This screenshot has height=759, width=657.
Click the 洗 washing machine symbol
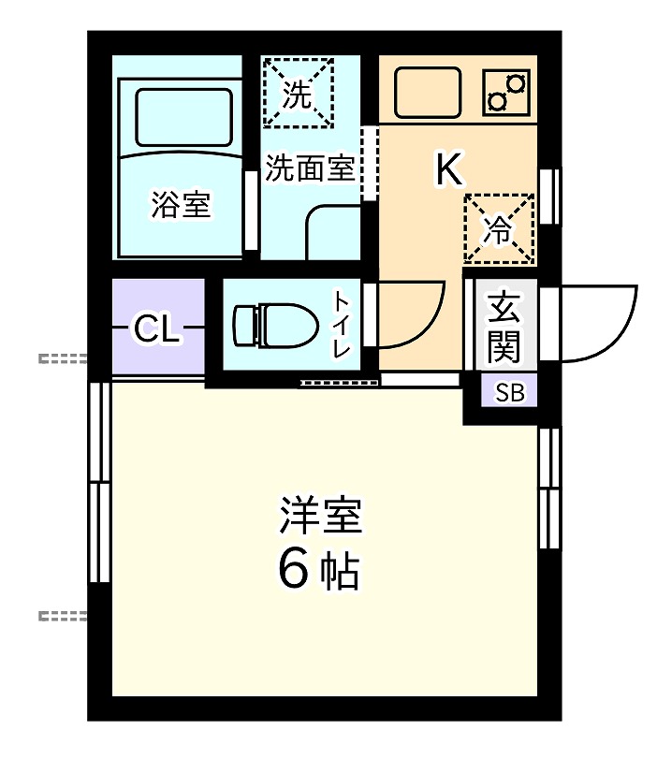tap(298, 92)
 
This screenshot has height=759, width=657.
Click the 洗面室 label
tap(309, 168)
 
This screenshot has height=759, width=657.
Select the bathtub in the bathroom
tap(183, 117)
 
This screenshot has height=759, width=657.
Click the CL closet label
tap(156, 328)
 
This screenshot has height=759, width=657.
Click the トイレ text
tap(343, 325)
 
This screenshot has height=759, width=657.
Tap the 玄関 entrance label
tap(504, 327)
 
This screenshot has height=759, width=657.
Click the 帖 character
tap(340, 569)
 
